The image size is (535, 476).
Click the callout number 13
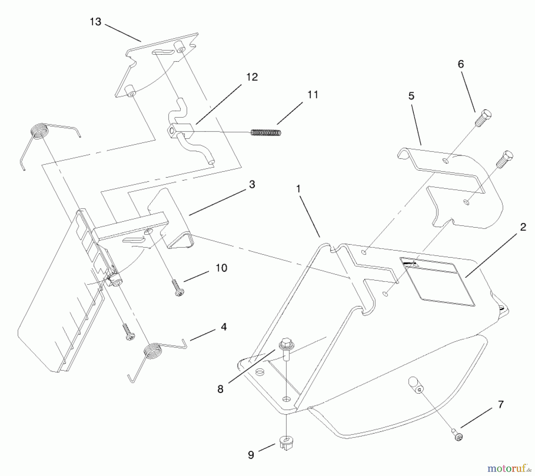click(x=95, y=22)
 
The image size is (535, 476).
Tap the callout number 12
click(x=252, y=77)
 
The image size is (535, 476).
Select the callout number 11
click(x=312, y=95)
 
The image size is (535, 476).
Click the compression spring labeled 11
click(x=266, y=133)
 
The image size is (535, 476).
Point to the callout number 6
click(x=461, y=64)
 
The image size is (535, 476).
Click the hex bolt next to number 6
click(x=483, y=118)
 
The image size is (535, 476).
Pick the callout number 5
click(x=411, y=96)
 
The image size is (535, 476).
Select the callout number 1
click(x=298, y=189)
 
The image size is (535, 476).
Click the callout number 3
click(x=252, y=184)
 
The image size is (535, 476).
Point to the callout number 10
click(x=221, y=268)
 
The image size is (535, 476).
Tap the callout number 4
click(x=224, y=327)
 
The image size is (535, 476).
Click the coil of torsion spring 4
click(x=152, y=351)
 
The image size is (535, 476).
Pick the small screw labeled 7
click(x=458, y=435)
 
